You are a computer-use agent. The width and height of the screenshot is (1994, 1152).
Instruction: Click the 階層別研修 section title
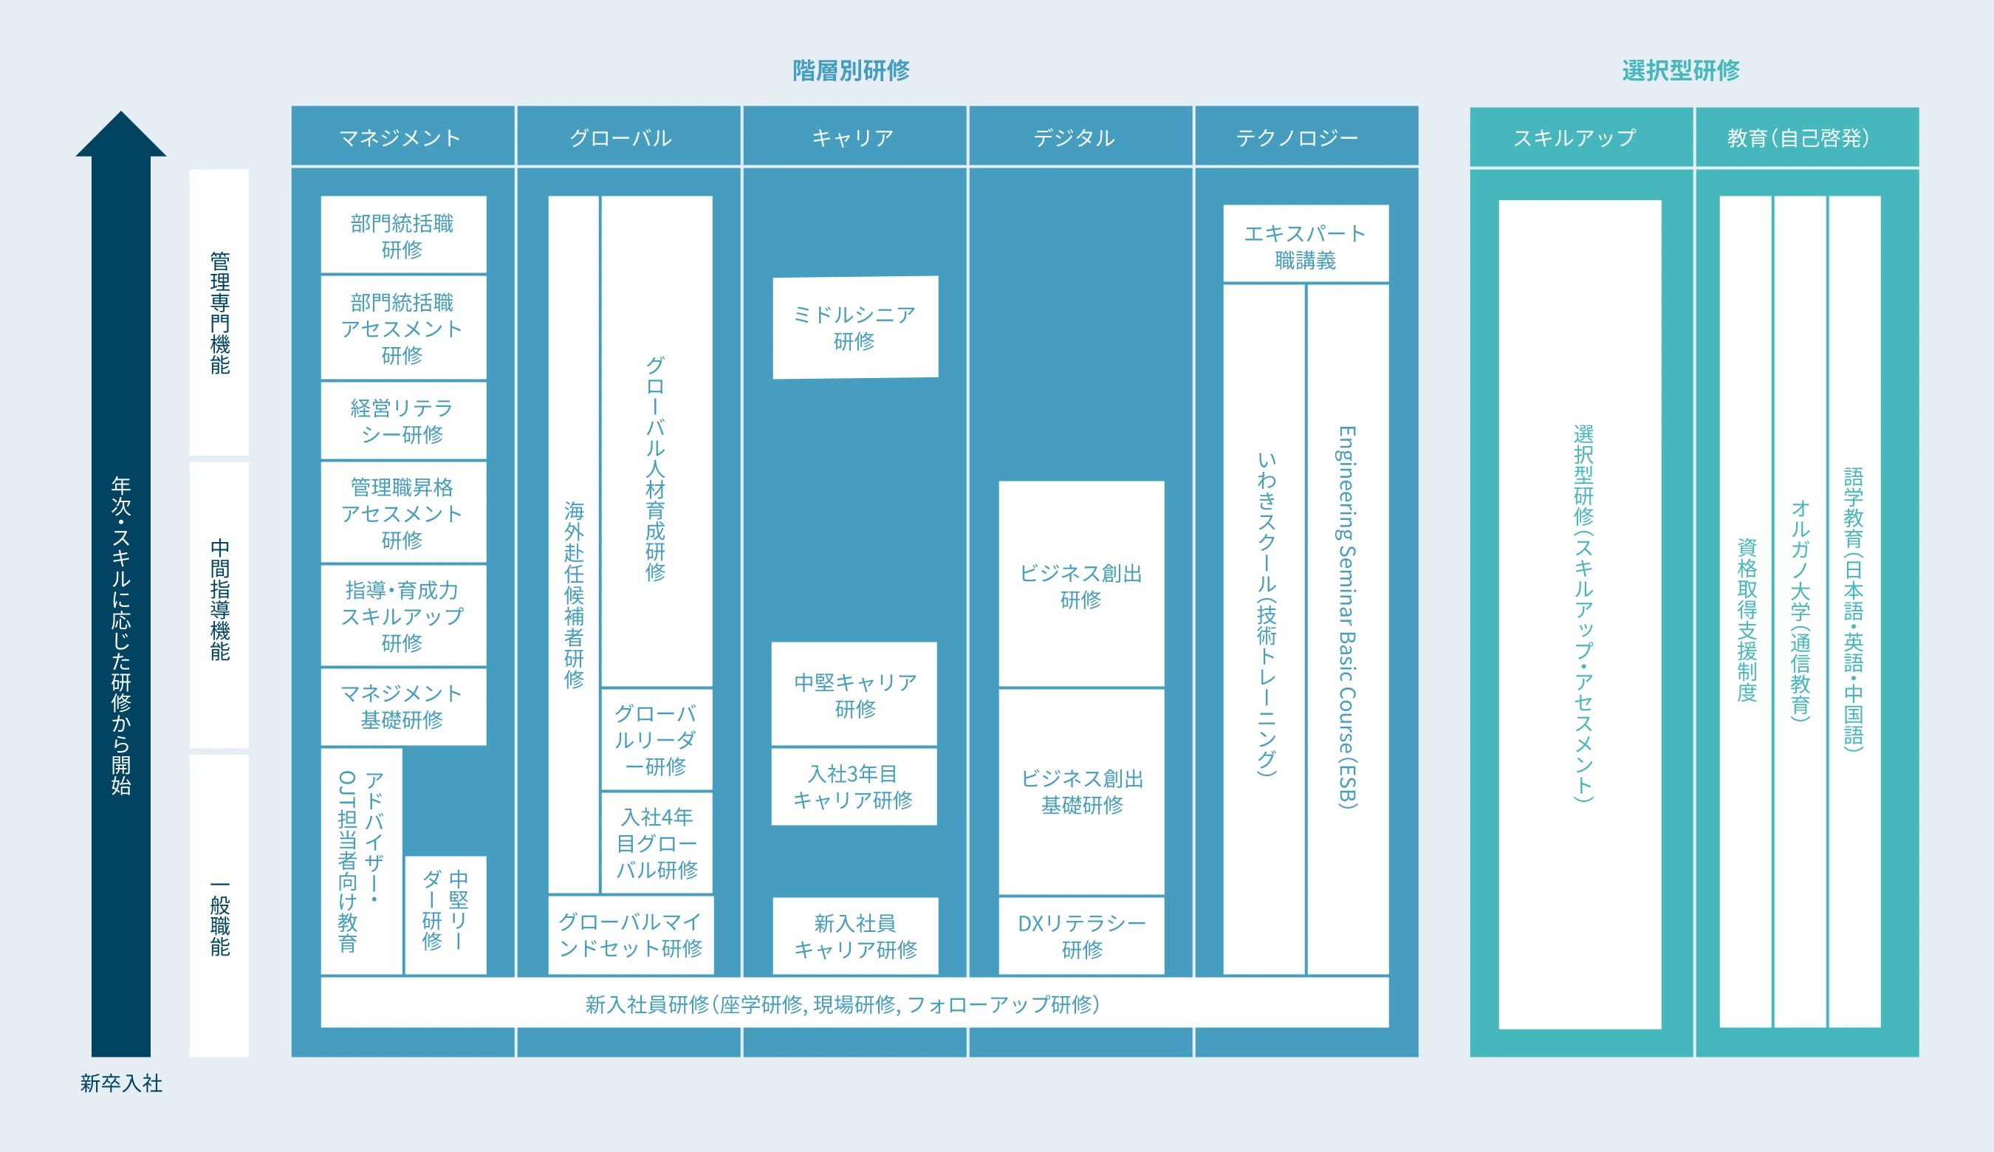point(851,70)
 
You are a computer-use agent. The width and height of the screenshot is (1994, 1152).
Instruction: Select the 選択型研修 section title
point(1681,70)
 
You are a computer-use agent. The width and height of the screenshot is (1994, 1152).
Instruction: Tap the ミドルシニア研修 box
point(855,328)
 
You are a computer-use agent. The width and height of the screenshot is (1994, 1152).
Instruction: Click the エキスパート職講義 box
point(1306,244)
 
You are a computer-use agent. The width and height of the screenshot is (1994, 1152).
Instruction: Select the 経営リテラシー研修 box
point(403,420)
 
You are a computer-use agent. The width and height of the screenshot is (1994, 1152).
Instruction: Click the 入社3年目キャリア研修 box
point(854,786)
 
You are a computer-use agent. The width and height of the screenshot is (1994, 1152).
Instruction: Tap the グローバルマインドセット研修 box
point(631,934)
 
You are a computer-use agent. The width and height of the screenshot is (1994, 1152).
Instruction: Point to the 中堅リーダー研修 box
point(445,915)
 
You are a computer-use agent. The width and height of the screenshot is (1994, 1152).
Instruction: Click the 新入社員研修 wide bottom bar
point(854,1004)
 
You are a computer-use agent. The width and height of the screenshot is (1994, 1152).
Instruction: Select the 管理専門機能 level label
point(219,312)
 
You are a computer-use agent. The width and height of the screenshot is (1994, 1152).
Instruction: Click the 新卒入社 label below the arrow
point(121,1083)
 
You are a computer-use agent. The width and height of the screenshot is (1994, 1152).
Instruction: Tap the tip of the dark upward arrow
point(121,112)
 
